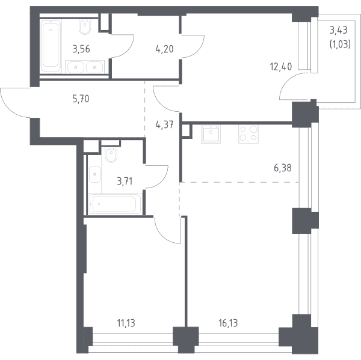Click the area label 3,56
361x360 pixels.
pos(81,49)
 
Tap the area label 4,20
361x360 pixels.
pos(164,49)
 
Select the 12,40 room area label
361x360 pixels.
pos(281,67)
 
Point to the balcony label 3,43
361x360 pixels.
pos(338,30)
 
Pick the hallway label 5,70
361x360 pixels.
pos(81,99)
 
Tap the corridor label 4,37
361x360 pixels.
pos(164,125)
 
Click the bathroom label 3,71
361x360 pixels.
pos(125,182)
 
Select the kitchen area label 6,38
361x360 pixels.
pos(283,168)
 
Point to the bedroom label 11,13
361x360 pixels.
pos(126,323)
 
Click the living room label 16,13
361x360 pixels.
pos(228,323)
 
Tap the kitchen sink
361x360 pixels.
pos(211,134)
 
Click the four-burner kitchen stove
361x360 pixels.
pos(248,134)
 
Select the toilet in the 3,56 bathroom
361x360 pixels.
pos(85,26)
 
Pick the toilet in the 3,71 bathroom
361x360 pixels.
pos(111,154)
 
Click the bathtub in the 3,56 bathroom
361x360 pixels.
pos(51,46)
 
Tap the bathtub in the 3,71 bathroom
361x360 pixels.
pos(115,204)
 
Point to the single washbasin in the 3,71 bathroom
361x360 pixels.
pos(94,174)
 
